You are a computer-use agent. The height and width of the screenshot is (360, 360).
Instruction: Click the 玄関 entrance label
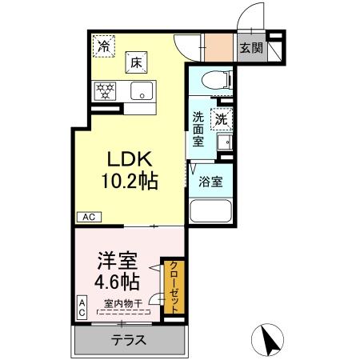click(250, 48)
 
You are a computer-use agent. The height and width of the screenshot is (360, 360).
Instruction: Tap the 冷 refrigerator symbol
click(104, 46)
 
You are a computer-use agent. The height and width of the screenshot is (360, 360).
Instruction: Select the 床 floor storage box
click(136, 61)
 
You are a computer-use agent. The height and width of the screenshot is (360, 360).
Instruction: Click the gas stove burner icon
click(104, 90)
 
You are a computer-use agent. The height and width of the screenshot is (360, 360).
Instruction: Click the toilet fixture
click(214, 78)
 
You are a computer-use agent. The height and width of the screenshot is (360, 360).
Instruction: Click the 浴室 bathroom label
click(210, 181)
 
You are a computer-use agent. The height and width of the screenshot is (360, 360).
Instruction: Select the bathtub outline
click(210, 211)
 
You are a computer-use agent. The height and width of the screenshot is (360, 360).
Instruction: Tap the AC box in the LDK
click(89, 216)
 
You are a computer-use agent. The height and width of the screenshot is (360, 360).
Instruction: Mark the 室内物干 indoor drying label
click(123, 302)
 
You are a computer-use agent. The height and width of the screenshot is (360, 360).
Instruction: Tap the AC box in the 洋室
click(82, 307)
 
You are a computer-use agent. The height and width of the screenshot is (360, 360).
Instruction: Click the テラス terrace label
click(128, 340)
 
